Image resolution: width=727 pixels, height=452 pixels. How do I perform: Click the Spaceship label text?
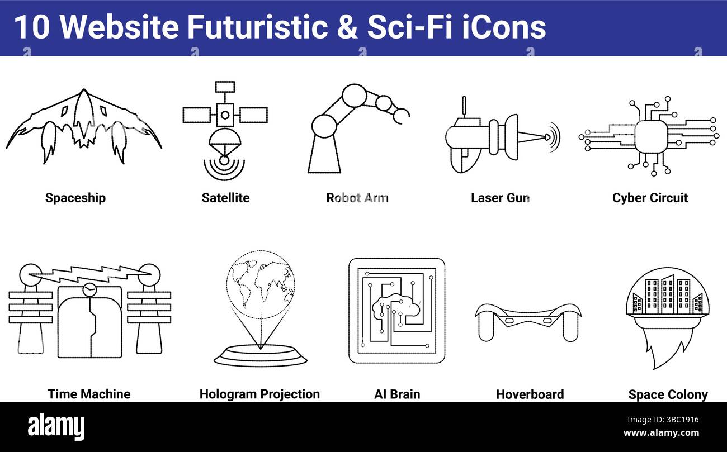75,198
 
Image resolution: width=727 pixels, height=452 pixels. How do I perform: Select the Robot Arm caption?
357,198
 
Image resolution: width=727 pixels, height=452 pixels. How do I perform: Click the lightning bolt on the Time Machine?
89,273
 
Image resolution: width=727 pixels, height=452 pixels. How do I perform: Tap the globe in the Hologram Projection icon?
261,284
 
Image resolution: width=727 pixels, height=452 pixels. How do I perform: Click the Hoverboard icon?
528,320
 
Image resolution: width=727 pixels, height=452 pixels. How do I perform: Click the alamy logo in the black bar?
56,426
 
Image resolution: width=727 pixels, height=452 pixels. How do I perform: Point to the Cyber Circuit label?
650,198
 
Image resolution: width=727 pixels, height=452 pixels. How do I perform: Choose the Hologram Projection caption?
259,394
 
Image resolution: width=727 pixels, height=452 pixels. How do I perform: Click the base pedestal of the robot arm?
324,155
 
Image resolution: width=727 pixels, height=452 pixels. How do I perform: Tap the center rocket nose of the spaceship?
84,103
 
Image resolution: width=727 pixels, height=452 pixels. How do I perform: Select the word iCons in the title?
504,26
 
